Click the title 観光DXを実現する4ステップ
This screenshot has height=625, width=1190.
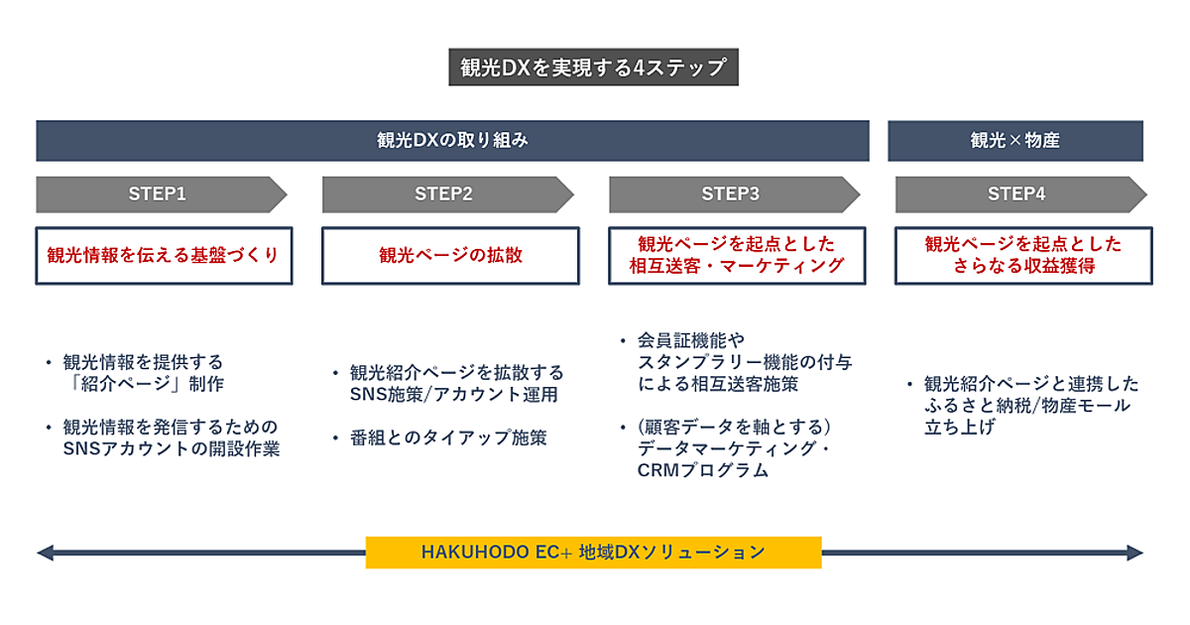(593, 67)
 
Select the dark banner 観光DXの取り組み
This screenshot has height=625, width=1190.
(452, 141)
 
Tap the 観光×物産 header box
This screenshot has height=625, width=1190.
(1014, 141)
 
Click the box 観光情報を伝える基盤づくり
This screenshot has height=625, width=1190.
(164, 255)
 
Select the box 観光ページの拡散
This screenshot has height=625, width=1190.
(450, 255)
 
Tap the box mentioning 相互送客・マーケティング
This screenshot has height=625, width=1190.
(737, 255)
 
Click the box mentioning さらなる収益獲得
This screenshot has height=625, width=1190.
(1023, 255)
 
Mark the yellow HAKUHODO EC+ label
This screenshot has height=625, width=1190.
(593, 552)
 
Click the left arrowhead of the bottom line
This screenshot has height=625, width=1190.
(45, 553)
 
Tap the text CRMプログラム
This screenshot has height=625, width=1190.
(703, 471)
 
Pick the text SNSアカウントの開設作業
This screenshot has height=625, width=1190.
(172, 448)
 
